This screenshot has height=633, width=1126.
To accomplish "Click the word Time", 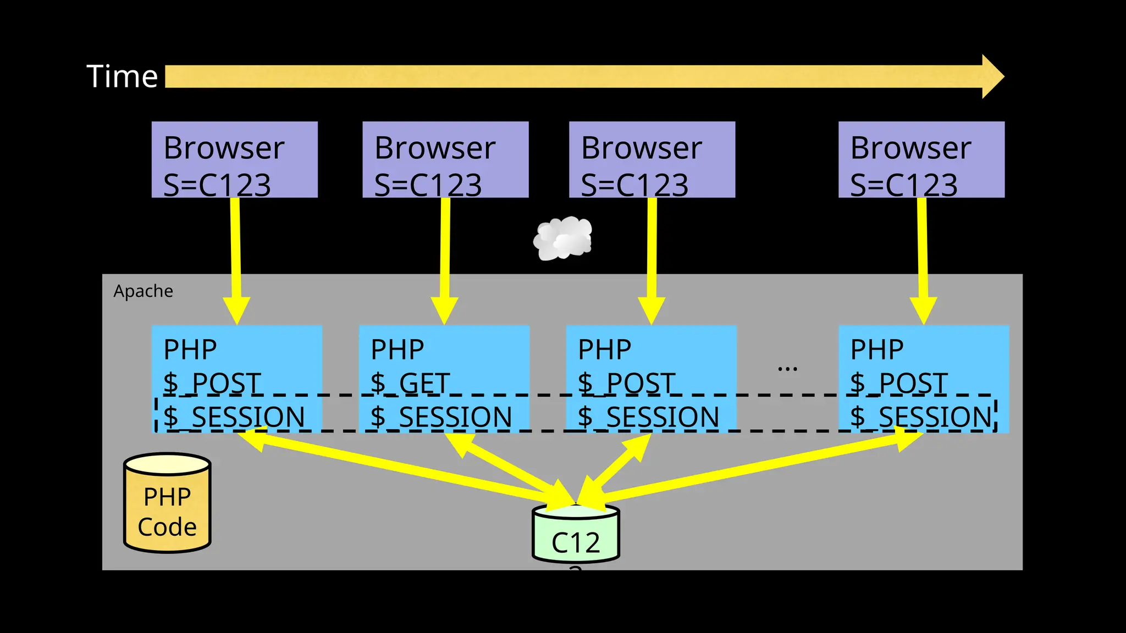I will tap(122, 76).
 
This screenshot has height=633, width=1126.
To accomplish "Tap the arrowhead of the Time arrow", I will tap(992, 76).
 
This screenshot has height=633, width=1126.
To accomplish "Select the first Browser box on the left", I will tap(234, 159).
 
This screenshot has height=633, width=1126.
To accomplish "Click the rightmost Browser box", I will tap(921, 159).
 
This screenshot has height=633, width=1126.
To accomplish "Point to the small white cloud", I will tap(563, 238).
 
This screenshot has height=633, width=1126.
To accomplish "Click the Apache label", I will tap(143, 291).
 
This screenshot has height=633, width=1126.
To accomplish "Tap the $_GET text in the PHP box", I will tap(410, 383).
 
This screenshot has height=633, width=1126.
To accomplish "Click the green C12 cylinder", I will tap(576, 536).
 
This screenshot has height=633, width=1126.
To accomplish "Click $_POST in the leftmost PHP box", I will tap(212, 383).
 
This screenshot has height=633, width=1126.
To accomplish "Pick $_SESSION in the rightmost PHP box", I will tap(921, 417).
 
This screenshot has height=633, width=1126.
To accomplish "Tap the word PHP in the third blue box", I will tap(604, 349).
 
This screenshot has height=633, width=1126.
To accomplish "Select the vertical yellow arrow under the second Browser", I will tap(445, 258).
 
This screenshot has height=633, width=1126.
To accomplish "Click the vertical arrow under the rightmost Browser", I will tap(923, 258).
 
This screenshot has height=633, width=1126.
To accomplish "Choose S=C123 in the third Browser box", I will tap(634, 185).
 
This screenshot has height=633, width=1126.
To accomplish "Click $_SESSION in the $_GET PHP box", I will tap(441, 417).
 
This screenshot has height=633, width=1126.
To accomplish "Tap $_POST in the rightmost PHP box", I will tap(898, 383).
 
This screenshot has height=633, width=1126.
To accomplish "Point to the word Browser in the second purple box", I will tap(435, 148).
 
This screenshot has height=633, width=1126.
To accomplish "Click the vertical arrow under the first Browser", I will tap(236, 258).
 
